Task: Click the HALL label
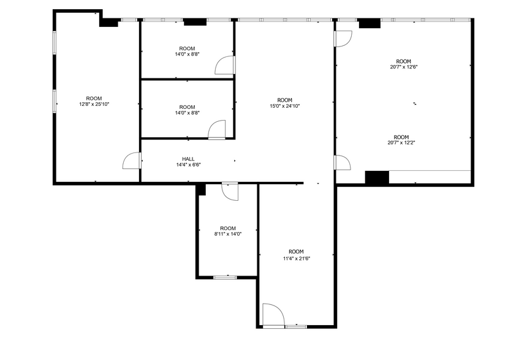188,159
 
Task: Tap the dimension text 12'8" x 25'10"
94,104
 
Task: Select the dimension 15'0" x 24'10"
285,106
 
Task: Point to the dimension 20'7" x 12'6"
403,67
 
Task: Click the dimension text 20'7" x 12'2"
401,143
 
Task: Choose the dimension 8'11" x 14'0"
227,234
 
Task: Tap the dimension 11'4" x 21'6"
296,258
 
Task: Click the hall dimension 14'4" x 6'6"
188,164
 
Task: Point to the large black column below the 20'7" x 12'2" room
377,178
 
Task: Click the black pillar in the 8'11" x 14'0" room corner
201,190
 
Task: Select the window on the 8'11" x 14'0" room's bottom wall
225,277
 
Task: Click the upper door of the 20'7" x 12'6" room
343,38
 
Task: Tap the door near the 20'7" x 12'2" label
342,162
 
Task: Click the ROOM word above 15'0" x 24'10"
285,100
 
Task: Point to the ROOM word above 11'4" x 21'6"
296,252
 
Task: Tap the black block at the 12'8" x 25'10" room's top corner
109,22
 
